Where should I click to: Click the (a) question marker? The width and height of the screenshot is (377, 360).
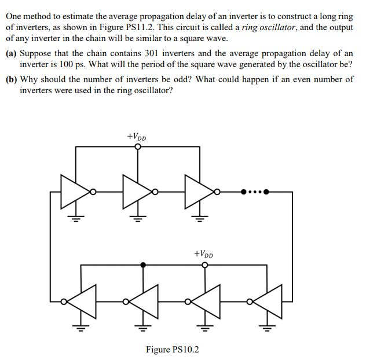tap(12, 53)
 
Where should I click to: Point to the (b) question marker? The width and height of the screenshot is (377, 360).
tap(12, 79)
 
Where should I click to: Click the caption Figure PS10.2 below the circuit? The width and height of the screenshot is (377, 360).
tap(172, 350)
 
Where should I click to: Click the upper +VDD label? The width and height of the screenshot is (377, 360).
tap(137, 137)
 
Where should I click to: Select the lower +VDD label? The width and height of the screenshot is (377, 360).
tap(203, 254)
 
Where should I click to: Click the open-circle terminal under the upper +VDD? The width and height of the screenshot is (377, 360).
tap(137, 146)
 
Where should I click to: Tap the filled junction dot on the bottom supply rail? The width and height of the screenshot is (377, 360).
tap(144, 265)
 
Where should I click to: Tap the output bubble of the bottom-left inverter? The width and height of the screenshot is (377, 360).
tap(63, 301)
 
